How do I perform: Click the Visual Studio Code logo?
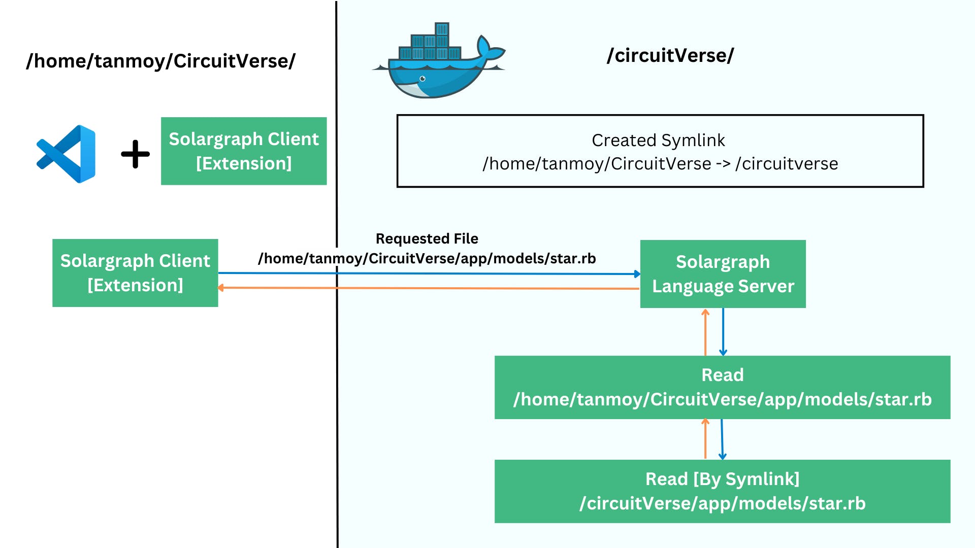pyautogui.click(x=67, y=154)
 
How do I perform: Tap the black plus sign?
pyautogui.click(x=135, y=154)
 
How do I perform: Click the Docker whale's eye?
pyautogui.click(x=422, y=79)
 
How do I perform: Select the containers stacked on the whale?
pyautogui.click(x=431, y=46)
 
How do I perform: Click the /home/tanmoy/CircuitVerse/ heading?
pyautogui.click(x=160, y=61)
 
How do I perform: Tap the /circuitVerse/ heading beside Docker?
pyautogui.click(x=670, y=55)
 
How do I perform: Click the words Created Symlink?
pyautogui.click(x=658, y=140)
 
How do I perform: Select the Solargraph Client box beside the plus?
pyautogui.click(x=244, y=151)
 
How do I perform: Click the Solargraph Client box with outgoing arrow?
pyautogui.click(x=135, y=273)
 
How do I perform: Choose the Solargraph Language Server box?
pyautogui.click(x=723, y=274)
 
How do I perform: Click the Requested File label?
pyautogui.click(x=427, y=238)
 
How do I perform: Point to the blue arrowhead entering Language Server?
pyautogui.click(x=637, y=274)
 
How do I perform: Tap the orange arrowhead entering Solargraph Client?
pyautogui.click(x=221, y=288)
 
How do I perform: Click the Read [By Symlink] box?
pyautogui.click(x=722, y=491)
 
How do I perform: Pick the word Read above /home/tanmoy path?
pyautogui.click(x=722, y=375)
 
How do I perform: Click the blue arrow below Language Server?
pyautogui.click(x=723, y=332)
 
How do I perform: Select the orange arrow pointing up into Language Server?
pyautogui.click(x=705, y=332)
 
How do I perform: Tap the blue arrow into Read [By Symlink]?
pyautogui.click(x=722, y=439)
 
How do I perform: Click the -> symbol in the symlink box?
pyautogui.click(x=723, y=164)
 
